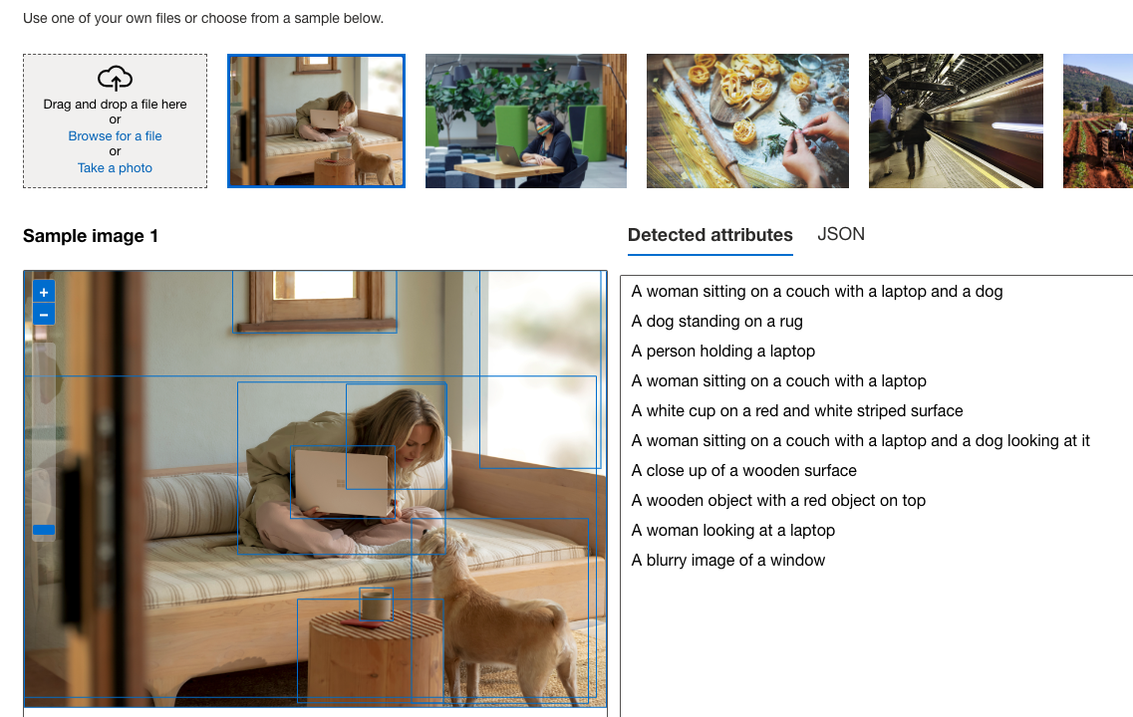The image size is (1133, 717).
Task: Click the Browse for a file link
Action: point(115,136)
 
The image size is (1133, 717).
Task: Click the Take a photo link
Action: point(115,168)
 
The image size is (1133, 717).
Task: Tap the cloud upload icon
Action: point(115,79)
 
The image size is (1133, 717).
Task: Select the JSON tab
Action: point(840,234)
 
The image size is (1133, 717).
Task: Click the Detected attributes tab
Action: point(709,235)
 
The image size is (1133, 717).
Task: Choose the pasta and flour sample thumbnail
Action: point(747,120)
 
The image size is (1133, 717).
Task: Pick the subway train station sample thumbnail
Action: point(955,120)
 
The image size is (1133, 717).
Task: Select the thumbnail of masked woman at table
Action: point(525,120)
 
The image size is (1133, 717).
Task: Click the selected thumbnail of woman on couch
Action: point(316,120)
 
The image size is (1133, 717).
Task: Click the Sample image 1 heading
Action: point(91,236)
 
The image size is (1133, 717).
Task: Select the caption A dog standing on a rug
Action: point(716,322)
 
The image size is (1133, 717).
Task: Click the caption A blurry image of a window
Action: point(727,561)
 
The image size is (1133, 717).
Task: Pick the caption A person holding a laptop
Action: point(722,352)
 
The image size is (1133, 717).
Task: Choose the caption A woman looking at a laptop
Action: point(732,531)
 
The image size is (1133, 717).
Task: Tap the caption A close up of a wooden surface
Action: point(743,471)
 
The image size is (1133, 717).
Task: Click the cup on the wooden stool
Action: point(376,604)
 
